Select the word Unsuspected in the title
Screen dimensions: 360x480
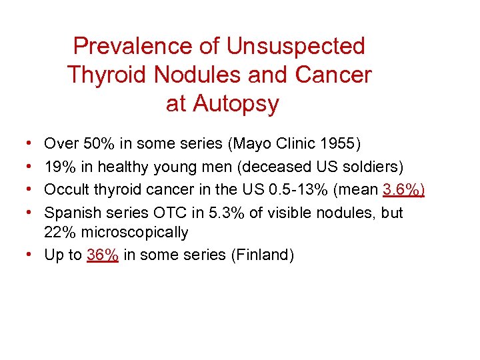295,46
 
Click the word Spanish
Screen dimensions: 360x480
70,213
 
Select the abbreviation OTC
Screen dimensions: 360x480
157,213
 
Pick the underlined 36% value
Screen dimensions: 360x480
103,255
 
